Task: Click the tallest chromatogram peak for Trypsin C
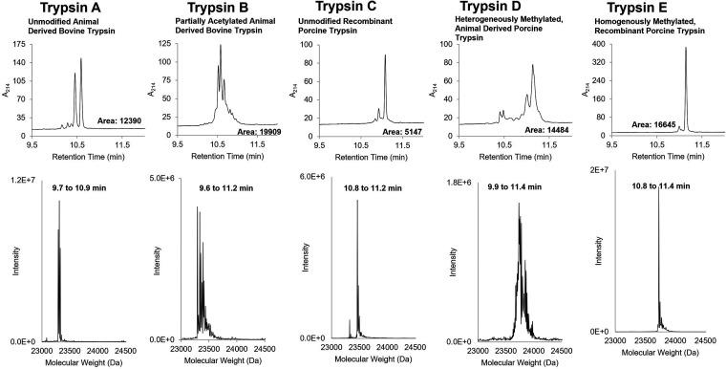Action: pyautogui.click(x=385, y=56)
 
